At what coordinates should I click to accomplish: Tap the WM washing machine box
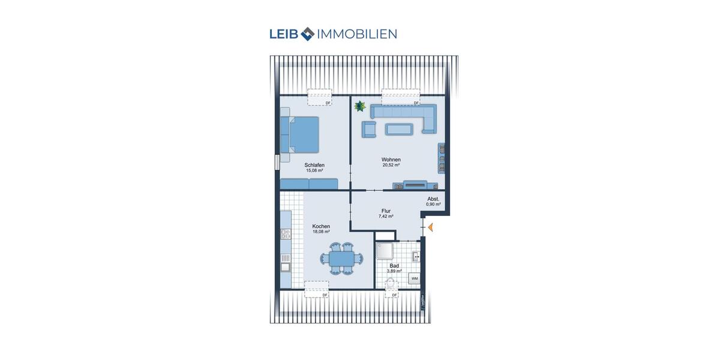coord(414,278)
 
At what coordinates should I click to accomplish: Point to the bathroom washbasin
coord(416,257)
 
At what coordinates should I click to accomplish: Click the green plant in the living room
coord(360,106)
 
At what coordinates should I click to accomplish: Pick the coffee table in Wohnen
coord(399,128)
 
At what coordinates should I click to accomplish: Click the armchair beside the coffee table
coord(369,128)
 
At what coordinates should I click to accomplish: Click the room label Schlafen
coord(314,165)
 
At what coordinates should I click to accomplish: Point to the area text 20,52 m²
coord(391,165)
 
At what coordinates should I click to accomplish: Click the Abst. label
coord(433,199)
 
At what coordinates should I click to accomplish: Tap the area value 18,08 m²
coord(321,231)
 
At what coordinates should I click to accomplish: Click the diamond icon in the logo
coord(307,34)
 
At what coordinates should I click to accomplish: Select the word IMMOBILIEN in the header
coord(358,34)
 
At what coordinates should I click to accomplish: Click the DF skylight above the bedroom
coord(320,96)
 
